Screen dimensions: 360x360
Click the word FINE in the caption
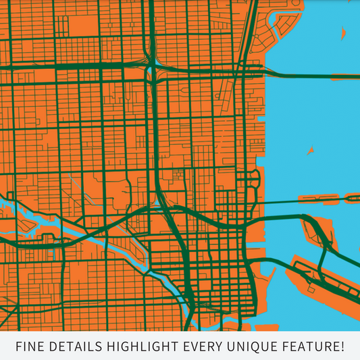coord(30,346)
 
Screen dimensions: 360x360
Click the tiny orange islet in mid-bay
coord(311,150)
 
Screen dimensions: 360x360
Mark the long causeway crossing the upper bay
coord(311,74)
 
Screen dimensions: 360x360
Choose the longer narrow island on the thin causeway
coord(317,199)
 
